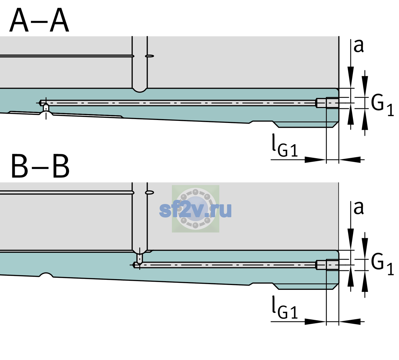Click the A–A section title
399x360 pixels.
point(39,20)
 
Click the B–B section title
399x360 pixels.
point(40,166)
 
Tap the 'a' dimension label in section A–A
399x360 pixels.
point(358,46)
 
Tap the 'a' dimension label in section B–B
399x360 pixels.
point(358,208)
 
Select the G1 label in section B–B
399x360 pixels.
point(382,265)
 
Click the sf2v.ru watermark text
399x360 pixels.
point(196,209)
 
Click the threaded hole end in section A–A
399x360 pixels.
point(327,103)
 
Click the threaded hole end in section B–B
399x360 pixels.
point(327,265)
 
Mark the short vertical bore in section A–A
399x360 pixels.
point(46,108)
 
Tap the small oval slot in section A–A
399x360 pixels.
point(150,56)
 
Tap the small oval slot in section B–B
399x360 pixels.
point(150,193)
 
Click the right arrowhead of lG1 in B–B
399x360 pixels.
point(350,322)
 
